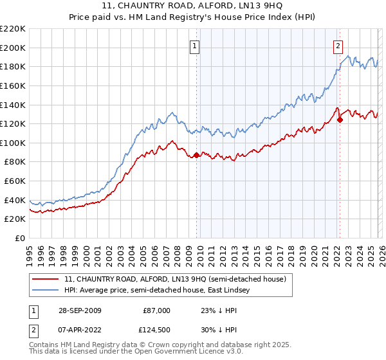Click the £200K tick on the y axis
(x=13, y=48)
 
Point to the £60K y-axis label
(x=15, y=181)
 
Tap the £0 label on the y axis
(x=19, y=239)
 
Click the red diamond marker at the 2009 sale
(x=197, y=155)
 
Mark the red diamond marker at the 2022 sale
(x=340, y=119)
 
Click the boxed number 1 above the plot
(x=195, y=46)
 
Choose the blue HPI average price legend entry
(x=161, y=291)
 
